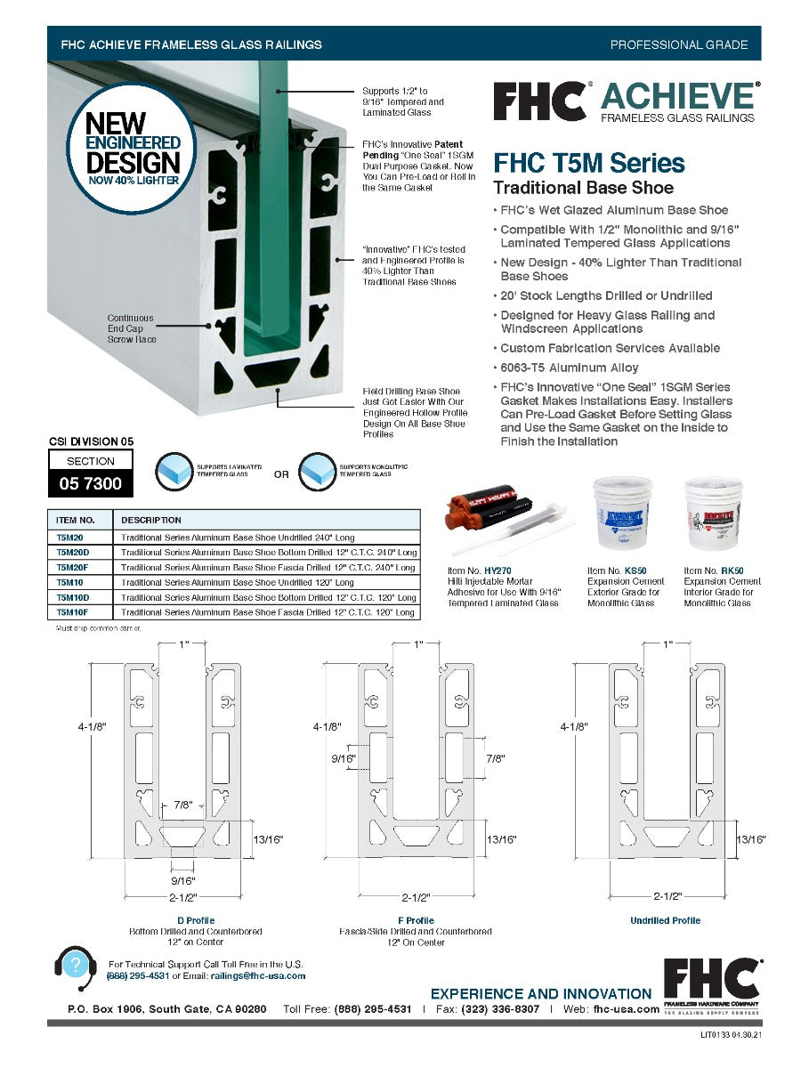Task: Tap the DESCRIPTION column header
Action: click(x=151, y=520)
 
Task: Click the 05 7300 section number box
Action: click(x=91, y=484)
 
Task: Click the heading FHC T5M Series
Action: click(x=589, y=164)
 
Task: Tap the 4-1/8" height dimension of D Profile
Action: click(x=92, y=727)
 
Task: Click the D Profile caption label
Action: click(x=196, y=920)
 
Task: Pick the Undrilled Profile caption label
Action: click(x=665, y=920)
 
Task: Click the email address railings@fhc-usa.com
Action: click(x=258, y=975)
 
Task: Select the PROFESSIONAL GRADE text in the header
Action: click(x=678, y=44)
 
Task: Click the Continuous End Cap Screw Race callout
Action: click(x=130, y=328)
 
